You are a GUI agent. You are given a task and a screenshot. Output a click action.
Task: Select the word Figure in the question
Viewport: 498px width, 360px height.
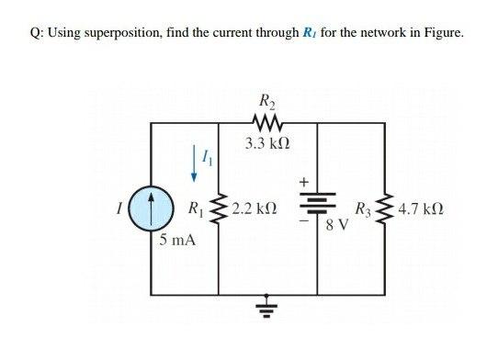(x=441, y=35)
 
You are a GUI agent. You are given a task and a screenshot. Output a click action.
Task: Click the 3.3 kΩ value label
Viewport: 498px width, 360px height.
(x=266, y=143)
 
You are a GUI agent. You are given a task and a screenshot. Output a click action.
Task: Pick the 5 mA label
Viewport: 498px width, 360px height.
(x=175, y=241)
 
